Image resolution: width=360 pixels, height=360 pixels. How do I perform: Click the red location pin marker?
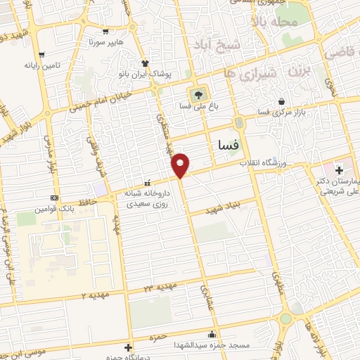coord(181,164)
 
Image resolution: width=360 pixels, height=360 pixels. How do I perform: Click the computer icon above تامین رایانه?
coord(44,53)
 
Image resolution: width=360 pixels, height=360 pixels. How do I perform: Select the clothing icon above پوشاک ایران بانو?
coord(145,61)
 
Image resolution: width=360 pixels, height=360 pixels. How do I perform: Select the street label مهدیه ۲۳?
coord(159,288)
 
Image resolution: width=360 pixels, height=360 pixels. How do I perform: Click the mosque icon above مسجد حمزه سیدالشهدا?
coord(212,334)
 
